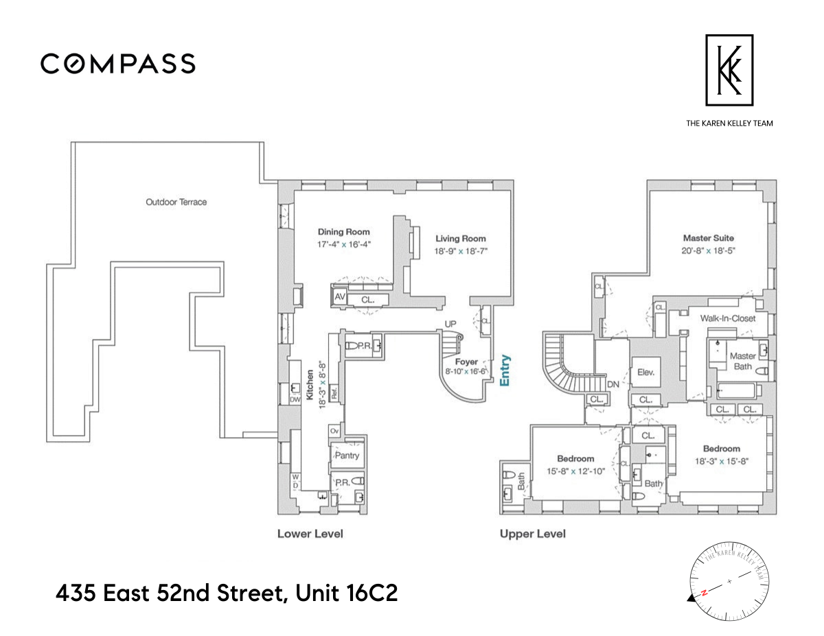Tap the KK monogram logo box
[x=729, y=70]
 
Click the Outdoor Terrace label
[x=176, y=202]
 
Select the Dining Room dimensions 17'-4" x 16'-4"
[x=343, y=244]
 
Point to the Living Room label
[x=460, y=239]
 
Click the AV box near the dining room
[x=339, y=297]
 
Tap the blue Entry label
[x=505, y=371]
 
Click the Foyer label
[x=466, y=362]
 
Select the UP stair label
[x=450, y=323]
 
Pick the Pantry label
[x=347, y=456]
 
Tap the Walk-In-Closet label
[x=727, y=318]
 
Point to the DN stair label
[x=613, y=385]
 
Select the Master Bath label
[x=742, y=361]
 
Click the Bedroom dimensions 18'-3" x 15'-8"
[x=721, y=461]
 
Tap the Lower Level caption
[x=310, y=533]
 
